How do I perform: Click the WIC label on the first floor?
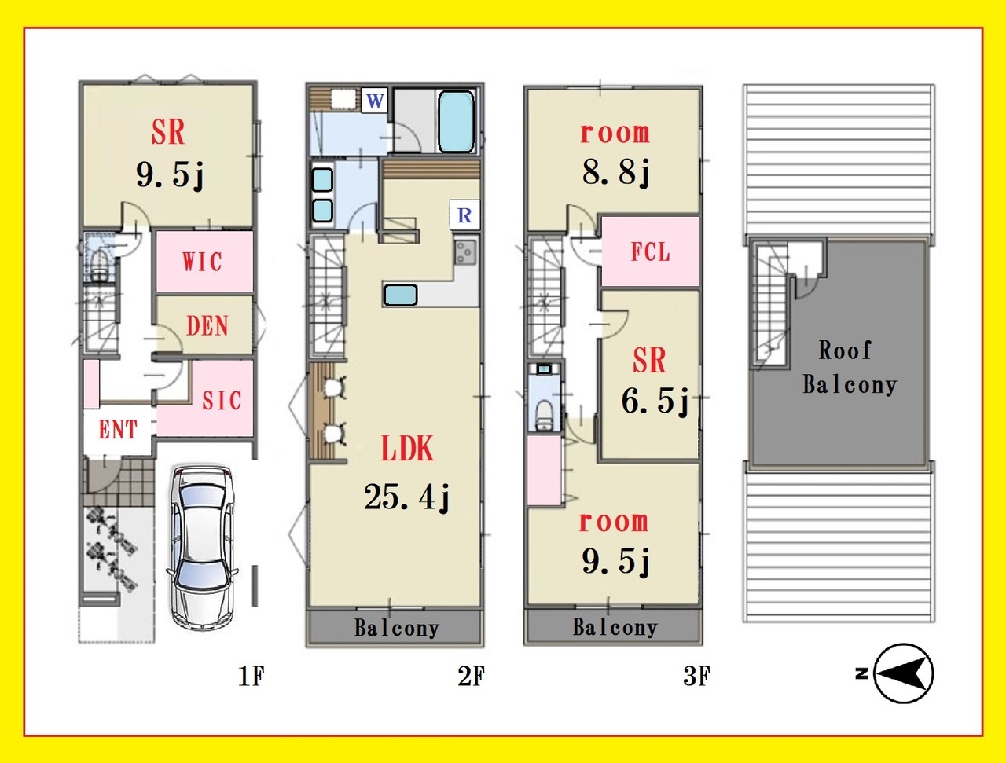[202, 262]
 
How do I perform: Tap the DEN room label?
[207, 326]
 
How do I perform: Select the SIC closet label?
[222, 400]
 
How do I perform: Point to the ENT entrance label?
[118, 430]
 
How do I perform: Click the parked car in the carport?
[202, 547]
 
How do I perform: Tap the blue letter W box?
[375, 101]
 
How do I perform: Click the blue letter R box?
[464, 215]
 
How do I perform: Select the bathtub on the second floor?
[456, 122]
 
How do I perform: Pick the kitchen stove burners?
[466, 252]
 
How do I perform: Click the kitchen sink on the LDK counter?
[400, 295]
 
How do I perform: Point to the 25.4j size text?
[407, 497]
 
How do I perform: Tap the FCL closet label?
[650, 252]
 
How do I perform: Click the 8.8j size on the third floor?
[616, 172]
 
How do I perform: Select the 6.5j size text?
[655, 401]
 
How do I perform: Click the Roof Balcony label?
[850, 368]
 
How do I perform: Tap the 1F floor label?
[251, 676]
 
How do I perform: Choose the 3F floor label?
[696, 676]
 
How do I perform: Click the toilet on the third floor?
[544, 415]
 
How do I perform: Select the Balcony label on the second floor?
[397, 628]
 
